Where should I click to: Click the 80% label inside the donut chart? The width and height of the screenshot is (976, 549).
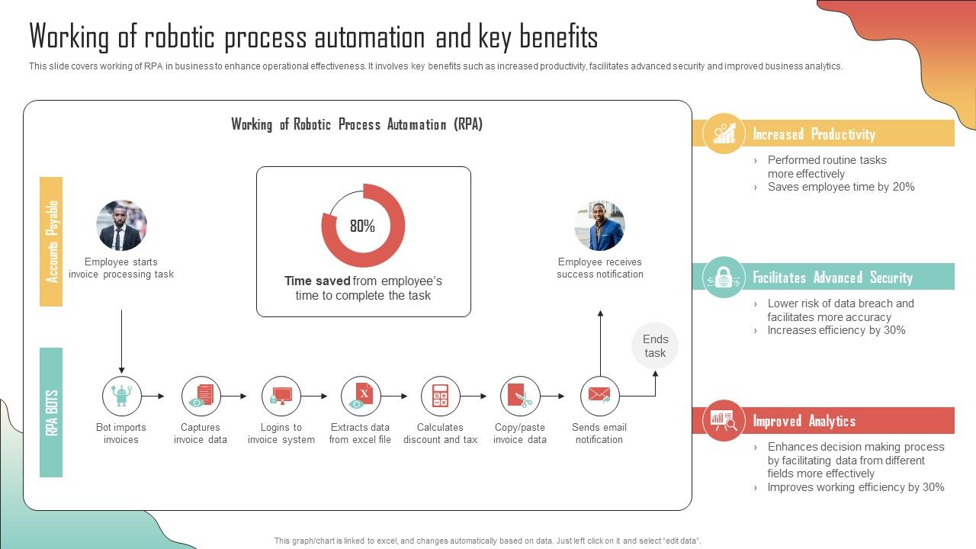362,226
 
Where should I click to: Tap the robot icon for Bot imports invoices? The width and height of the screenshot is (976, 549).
122,396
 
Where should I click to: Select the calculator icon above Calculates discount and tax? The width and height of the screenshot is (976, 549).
440,396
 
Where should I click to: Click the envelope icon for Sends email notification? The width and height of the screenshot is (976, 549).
599,396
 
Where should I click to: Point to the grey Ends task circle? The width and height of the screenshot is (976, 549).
654,345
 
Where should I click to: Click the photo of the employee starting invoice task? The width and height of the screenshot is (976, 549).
121,226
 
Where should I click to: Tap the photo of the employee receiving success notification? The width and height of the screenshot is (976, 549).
599,226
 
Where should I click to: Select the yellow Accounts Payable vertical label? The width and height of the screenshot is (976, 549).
51,242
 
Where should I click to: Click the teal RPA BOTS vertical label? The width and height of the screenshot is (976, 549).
51,413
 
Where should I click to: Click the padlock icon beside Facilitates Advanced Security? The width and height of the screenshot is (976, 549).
723,278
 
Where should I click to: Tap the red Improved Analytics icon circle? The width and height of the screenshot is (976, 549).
723,420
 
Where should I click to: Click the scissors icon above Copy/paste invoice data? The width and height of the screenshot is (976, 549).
520,396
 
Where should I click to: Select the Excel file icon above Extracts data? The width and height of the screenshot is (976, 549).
361,396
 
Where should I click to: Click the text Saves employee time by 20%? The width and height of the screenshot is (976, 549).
840,187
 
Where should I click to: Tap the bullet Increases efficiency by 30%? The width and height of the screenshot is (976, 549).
836,330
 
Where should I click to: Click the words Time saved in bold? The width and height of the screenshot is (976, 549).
317,281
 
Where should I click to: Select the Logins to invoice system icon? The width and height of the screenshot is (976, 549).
281,396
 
